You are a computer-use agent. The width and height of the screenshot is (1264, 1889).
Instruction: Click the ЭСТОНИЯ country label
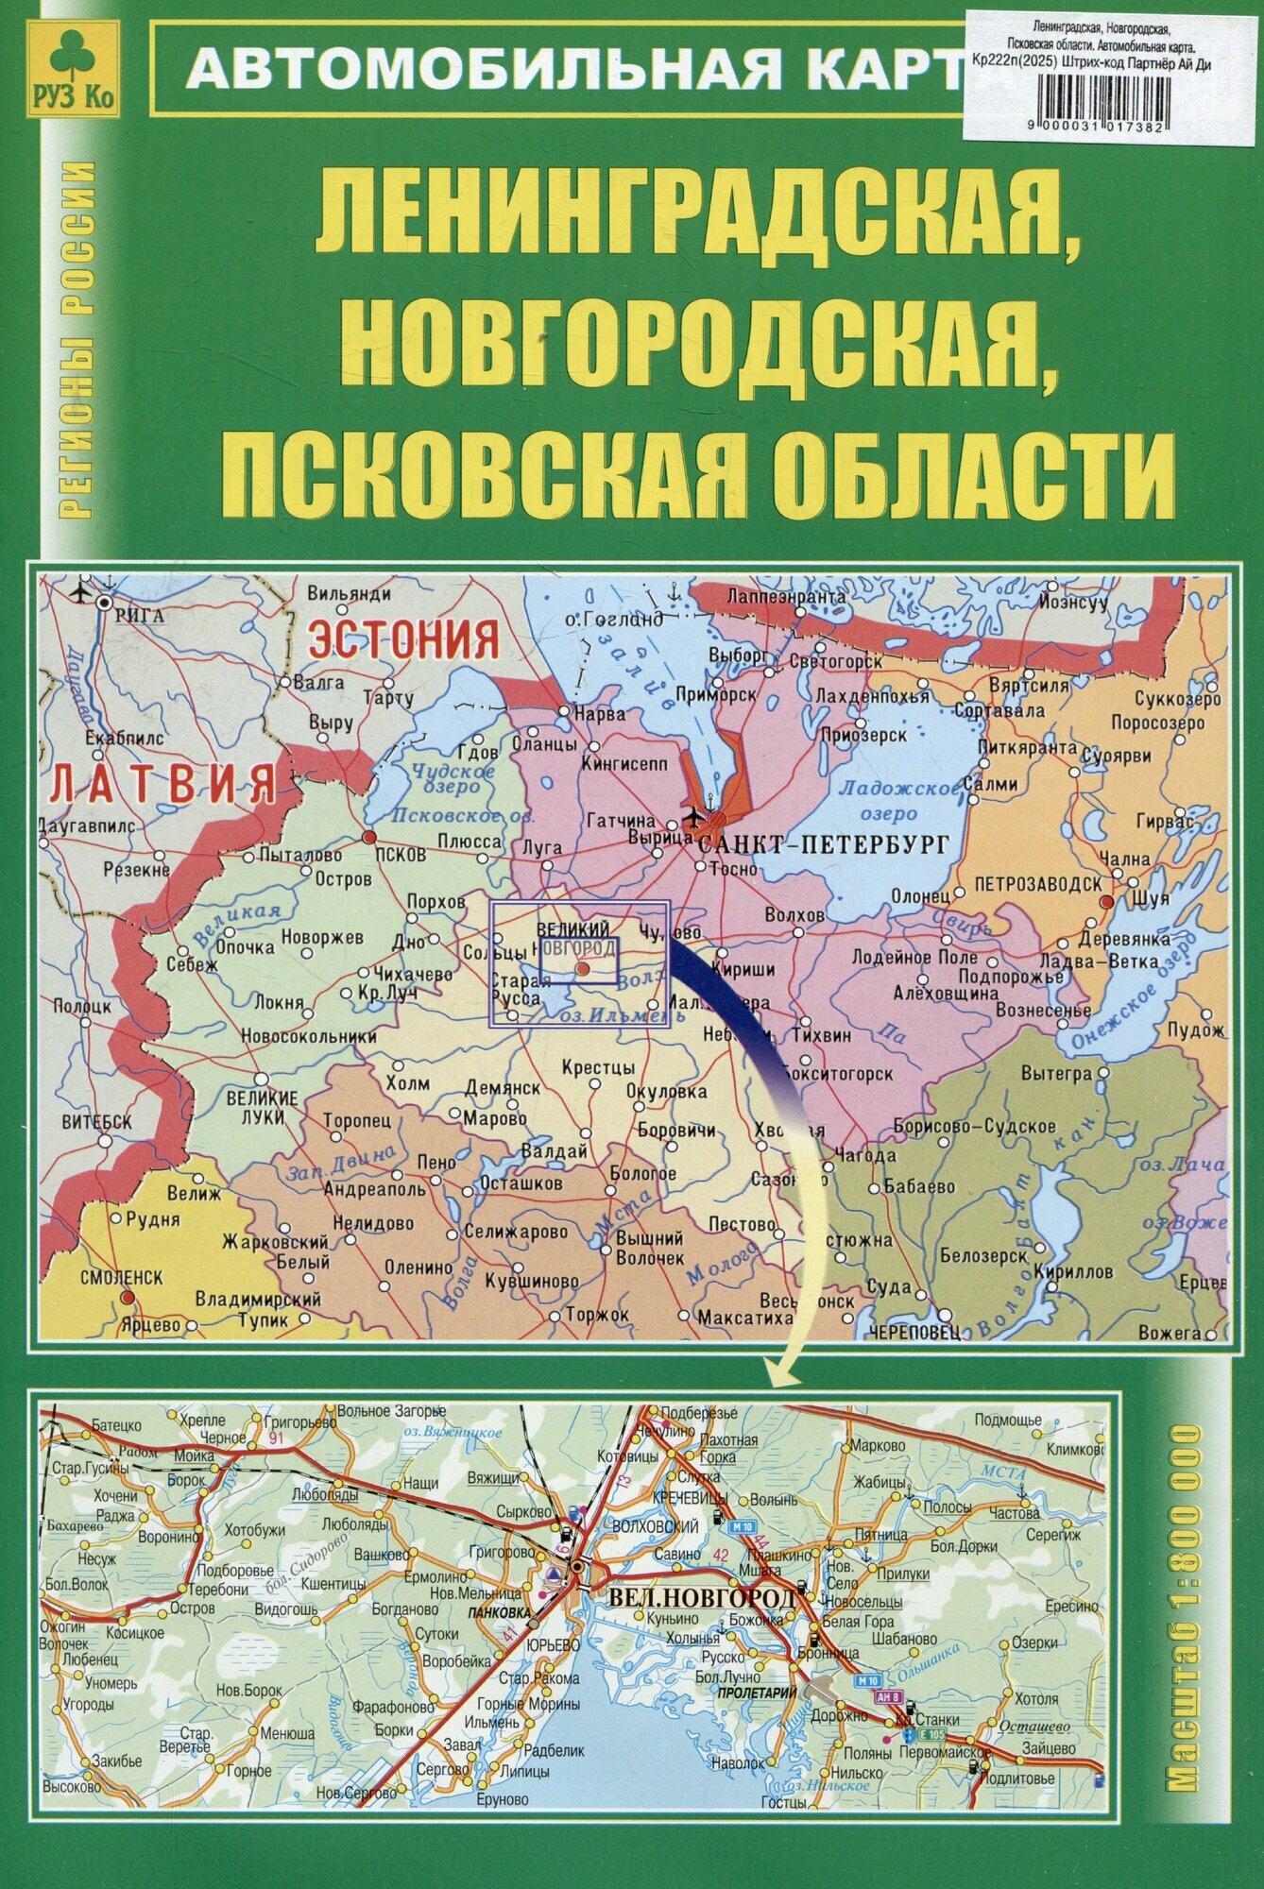(404, 638)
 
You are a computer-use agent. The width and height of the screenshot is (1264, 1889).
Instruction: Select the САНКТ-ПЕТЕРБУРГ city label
(822, 845)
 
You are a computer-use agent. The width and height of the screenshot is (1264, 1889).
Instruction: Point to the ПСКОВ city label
(401, 854)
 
